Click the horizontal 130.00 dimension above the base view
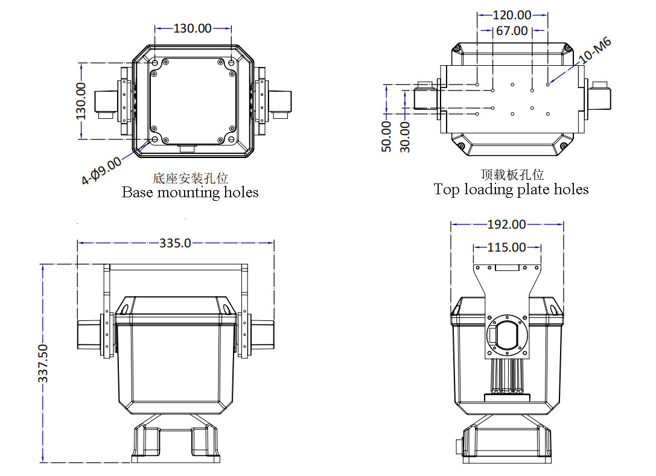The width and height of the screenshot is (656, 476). [193, 28]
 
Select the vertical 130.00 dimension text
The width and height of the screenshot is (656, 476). [81, 101]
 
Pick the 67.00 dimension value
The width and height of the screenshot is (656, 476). [512, 31]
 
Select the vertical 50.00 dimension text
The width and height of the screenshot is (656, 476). [387, 136]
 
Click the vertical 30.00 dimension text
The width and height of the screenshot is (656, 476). [405, 136]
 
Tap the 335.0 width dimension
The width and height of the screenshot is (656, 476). [175, 243]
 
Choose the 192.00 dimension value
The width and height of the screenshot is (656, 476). [506, 224]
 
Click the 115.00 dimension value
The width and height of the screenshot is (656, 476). [506, 247]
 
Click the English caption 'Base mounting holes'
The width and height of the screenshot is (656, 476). [190, 192]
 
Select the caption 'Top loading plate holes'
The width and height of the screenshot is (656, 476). [511, 189]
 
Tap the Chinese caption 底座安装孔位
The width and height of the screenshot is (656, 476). [190, 178]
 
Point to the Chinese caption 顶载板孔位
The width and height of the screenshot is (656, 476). [512, 175]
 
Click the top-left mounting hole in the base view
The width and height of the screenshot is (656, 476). [155, 63]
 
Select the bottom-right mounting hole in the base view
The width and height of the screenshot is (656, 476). [232, 139]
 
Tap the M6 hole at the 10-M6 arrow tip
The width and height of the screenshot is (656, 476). [548, 84]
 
